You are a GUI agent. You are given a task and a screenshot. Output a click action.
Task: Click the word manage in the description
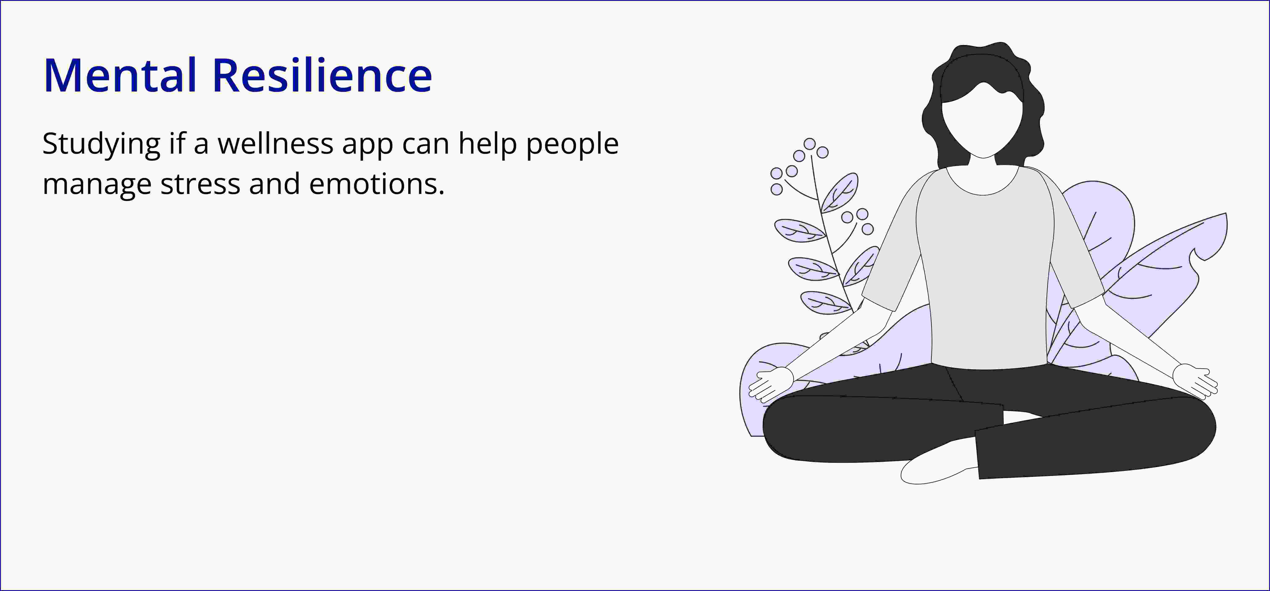click(97, 186)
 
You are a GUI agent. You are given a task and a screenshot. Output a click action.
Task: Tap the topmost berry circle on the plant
click(809, 144)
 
